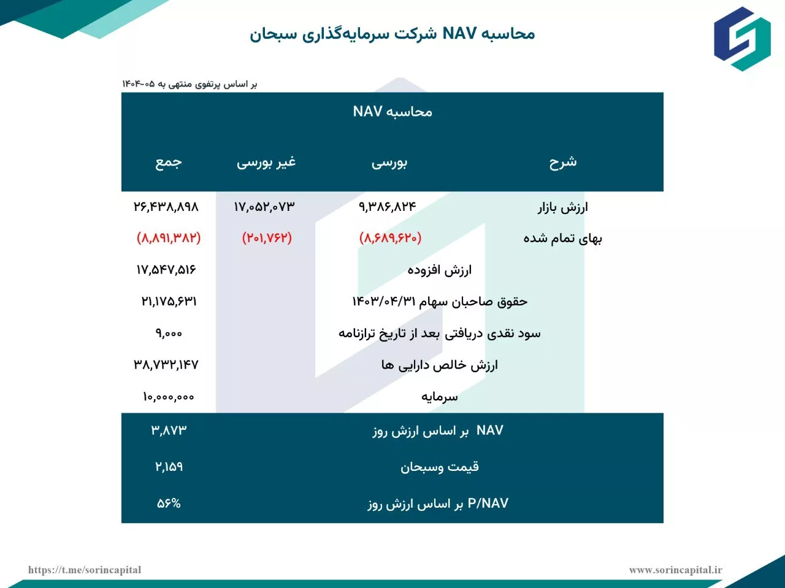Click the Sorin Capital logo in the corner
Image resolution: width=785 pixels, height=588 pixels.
pyautogui.click(x=742, y=38)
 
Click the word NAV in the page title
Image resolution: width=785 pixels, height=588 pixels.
pyautogui.click(x=459, y=33)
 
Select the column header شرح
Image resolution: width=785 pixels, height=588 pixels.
pyautogui.click(x=562, y=162)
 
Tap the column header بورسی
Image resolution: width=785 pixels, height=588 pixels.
pyautogui.click(x=389, y=163)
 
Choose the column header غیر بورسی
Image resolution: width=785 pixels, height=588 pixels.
pyautogui.click(x=266, y=162)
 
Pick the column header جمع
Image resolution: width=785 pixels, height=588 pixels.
pyautogui.click(x=168, y=162)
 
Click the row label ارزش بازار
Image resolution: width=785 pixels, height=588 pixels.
pyautogui.click(x=562, y=207)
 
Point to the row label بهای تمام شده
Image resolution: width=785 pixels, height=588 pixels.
pyautogui.click(x=562, y=239)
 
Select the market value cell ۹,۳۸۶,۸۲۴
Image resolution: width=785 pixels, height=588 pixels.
pyautogui.click(x=388, y=207)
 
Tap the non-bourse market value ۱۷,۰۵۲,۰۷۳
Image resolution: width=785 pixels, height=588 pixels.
pyautogui.click(x=264, y=207)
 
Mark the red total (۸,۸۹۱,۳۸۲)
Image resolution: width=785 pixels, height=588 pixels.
pyautogui.click(x=169, y=238)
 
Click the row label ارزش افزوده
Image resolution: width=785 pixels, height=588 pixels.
pyautogui.click(x=440, y=270)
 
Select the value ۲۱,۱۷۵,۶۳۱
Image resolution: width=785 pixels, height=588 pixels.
pyautogui.click(x=169, y=302)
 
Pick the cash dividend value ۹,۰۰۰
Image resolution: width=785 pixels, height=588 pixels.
pyautogui.click(x=169, y=334)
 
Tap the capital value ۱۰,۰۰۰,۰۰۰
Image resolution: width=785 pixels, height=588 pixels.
pyautogui.click(x=169, y=397)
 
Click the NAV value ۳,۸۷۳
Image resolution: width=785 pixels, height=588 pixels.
pyautogui.click(x=169, y=430)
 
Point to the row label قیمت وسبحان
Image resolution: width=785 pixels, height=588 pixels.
pyautogui.click(x=440, y=467)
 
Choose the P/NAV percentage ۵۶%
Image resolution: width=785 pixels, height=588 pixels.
pyautogui.click(x=169, y=503)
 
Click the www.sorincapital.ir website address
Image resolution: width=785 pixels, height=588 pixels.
pyautogui.click(x=675, y=570)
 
